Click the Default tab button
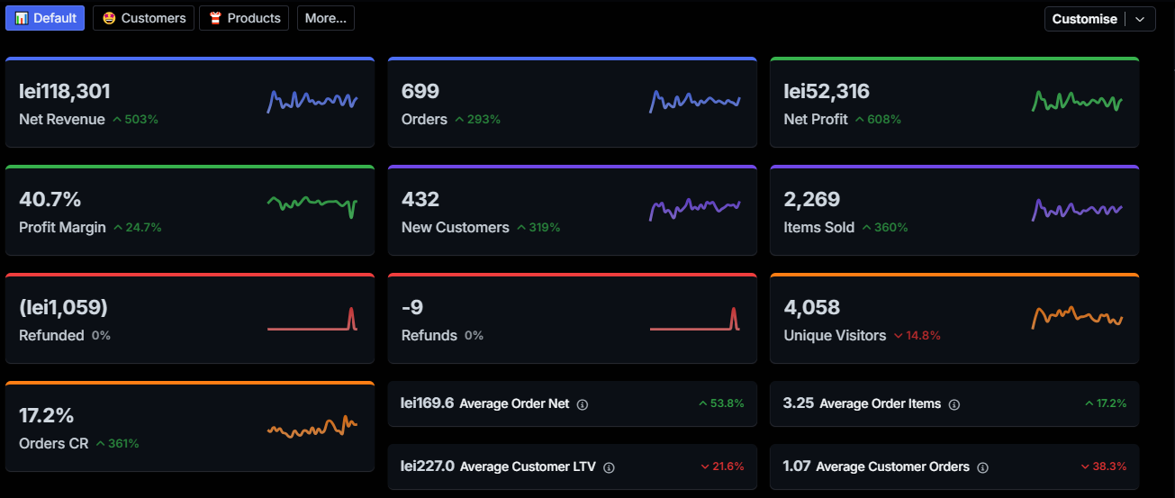pyautogui.click(x=45, y=18)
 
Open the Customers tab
pyautogui.click(x=143, y=18)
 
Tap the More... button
pyautogui.click(x=325, y=18)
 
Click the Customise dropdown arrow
pyautogui.click(x=1141, y=19)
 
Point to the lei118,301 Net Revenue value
pyautogui.click(x=65, y=91)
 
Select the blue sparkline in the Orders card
pyautogui.click(x=694, y=101)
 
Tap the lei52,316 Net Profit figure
pyautogui.click(x=827, y=91)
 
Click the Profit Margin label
pyautogui.click(x=62, y=227)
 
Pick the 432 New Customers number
pyautogui.click(x=420, y=199)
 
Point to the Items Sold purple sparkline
pyautogui.click(x=1077, y=209)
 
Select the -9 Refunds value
pyautogui.click(x=412, y=307)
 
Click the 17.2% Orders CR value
pyautogui.click(x=46, y=415)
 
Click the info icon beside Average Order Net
pyautogui.click(x=582, y=404)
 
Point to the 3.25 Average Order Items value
pyautogui.click(x=799, y=403)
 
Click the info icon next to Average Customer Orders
pyautogui.click(x=982, y=467)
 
